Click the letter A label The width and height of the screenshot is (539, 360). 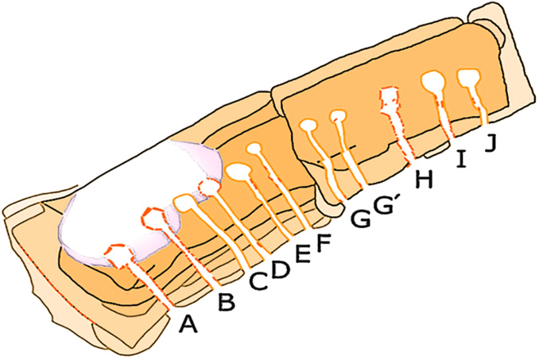click(x=188, y=323)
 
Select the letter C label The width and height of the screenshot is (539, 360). click(x=258, y=281)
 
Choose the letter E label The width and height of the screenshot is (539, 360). click(x=303, y=254)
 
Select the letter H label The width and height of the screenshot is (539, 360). click(x=424, y=180)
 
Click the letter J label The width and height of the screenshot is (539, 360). click(x=491, y=144)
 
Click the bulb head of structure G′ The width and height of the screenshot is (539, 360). click(x=339, y=118)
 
